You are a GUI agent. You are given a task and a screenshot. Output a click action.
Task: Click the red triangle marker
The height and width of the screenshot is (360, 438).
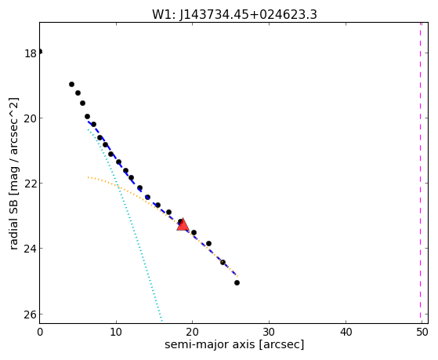pos(183,224)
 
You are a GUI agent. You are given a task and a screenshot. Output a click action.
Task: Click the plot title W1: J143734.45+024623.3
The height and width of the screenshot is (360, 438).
pos(234,15)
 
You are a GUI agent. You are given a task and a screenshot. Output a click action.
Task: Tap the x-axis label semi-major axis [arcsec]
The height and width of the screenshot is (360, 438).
pos(234,344)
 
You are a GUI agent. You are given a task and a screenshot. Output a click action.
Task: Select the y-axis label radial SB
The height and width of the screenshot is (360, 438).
pos(14,223)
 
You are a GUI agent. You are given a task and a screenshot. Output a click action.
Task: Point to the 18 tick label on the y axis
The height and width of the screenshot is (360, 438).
pos(31,53)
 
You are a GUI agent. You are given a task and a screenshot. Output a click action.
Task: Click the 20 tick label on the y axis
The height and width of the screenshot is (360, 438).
pos(31,118)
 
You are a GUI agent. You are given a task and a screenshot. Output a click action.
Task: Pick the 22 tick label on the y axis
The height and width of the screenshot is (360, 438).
pos(31,184)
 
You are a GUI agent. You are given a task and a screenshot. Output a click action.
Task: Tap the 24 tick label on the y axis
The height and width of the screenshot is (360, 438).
pos(31,249)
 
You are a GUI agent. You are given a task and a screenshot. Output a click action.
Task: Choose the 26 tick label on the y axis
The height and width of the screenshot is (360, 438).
pos(31,315)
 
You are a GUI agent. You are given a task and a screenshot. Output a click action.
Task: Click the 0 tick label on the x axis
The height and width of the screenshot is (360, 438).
pos(40,333)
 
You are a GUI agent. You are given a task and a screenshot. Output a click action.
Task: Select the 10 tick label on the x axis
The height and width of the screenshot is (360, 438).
pos(116,333)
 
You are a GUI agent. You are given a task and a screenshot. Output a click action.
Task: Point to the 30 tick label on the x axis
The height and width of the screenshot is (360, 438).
pos(269,333)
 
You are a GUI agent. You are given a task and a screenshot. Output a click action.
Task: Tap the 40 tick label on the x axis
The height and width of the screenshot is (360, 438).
pos(346,333)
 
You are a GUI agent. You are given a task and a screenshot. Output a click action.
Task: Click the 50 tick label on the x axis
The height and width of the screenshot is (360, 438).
pos(422,333)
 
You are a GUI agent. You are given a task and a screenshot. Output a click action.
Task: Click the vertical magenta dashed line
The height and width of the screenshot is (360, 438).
pos(420,173)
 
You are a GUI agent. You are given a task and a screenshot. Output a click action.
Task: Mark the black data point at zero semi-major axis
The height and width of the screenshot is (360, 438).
pos(40,52)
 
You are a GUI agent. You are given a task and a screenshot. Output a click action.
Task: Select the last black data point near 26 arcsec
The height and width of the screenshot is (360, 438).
pos(237,283)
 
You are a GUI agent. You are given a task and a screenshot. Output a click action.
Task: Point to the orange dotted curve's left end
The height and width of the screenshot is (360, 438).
pos(88,177)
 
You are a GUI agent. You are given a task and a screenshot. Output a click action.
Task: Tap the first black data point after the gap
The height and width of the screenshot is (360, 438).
pos(71,84)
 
